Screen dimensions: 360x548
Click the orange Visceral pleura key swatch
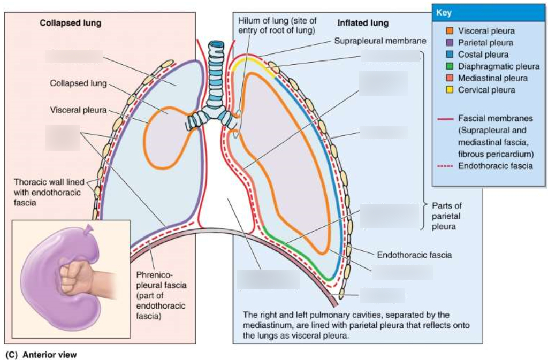[450, 31]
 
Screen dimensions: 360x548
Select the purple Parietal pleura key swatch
[450, 43]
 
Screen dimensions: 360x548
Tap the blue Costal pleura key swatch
[450, 55]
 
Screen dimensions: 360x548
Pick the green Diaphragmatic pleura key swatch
[450, 66]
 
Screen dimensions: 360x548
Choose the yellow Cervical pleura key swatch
[450, 90]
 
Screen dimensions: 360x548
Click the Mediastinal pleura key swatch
[450, 78]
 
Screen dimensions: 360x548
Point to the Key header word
[444, 12]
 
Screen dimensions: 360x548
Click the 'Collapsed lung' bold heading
[70, 23]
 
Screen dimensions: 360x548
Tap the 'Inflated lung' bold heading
[363, 23]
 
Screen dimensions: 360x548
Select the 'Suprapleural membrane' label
[380, 41]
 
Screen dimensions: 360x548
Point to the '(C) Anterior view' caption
[41, 354]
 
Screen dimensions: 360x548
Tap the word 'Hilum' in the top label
[249, 20]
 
